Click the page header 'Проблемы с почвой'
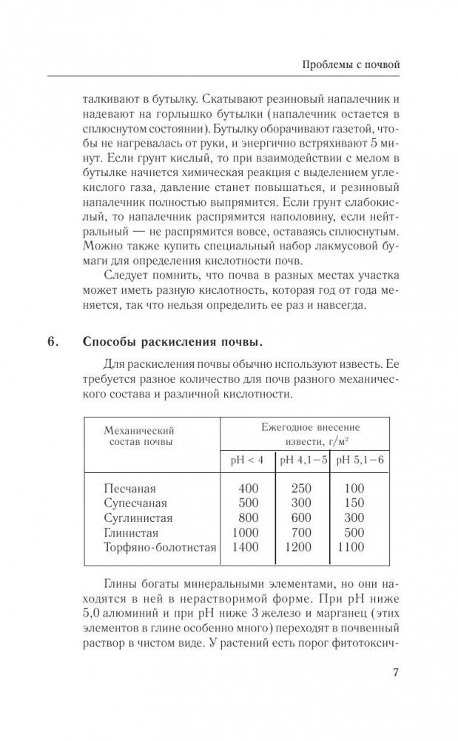(x=351, y=65)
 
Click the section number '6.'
(x=55, y=342)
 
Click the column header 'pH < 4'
(x=247, y=460)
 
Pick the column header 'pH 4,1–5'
(x=303, y=460)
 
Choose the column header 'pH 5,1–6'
(x=362, y=460)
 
